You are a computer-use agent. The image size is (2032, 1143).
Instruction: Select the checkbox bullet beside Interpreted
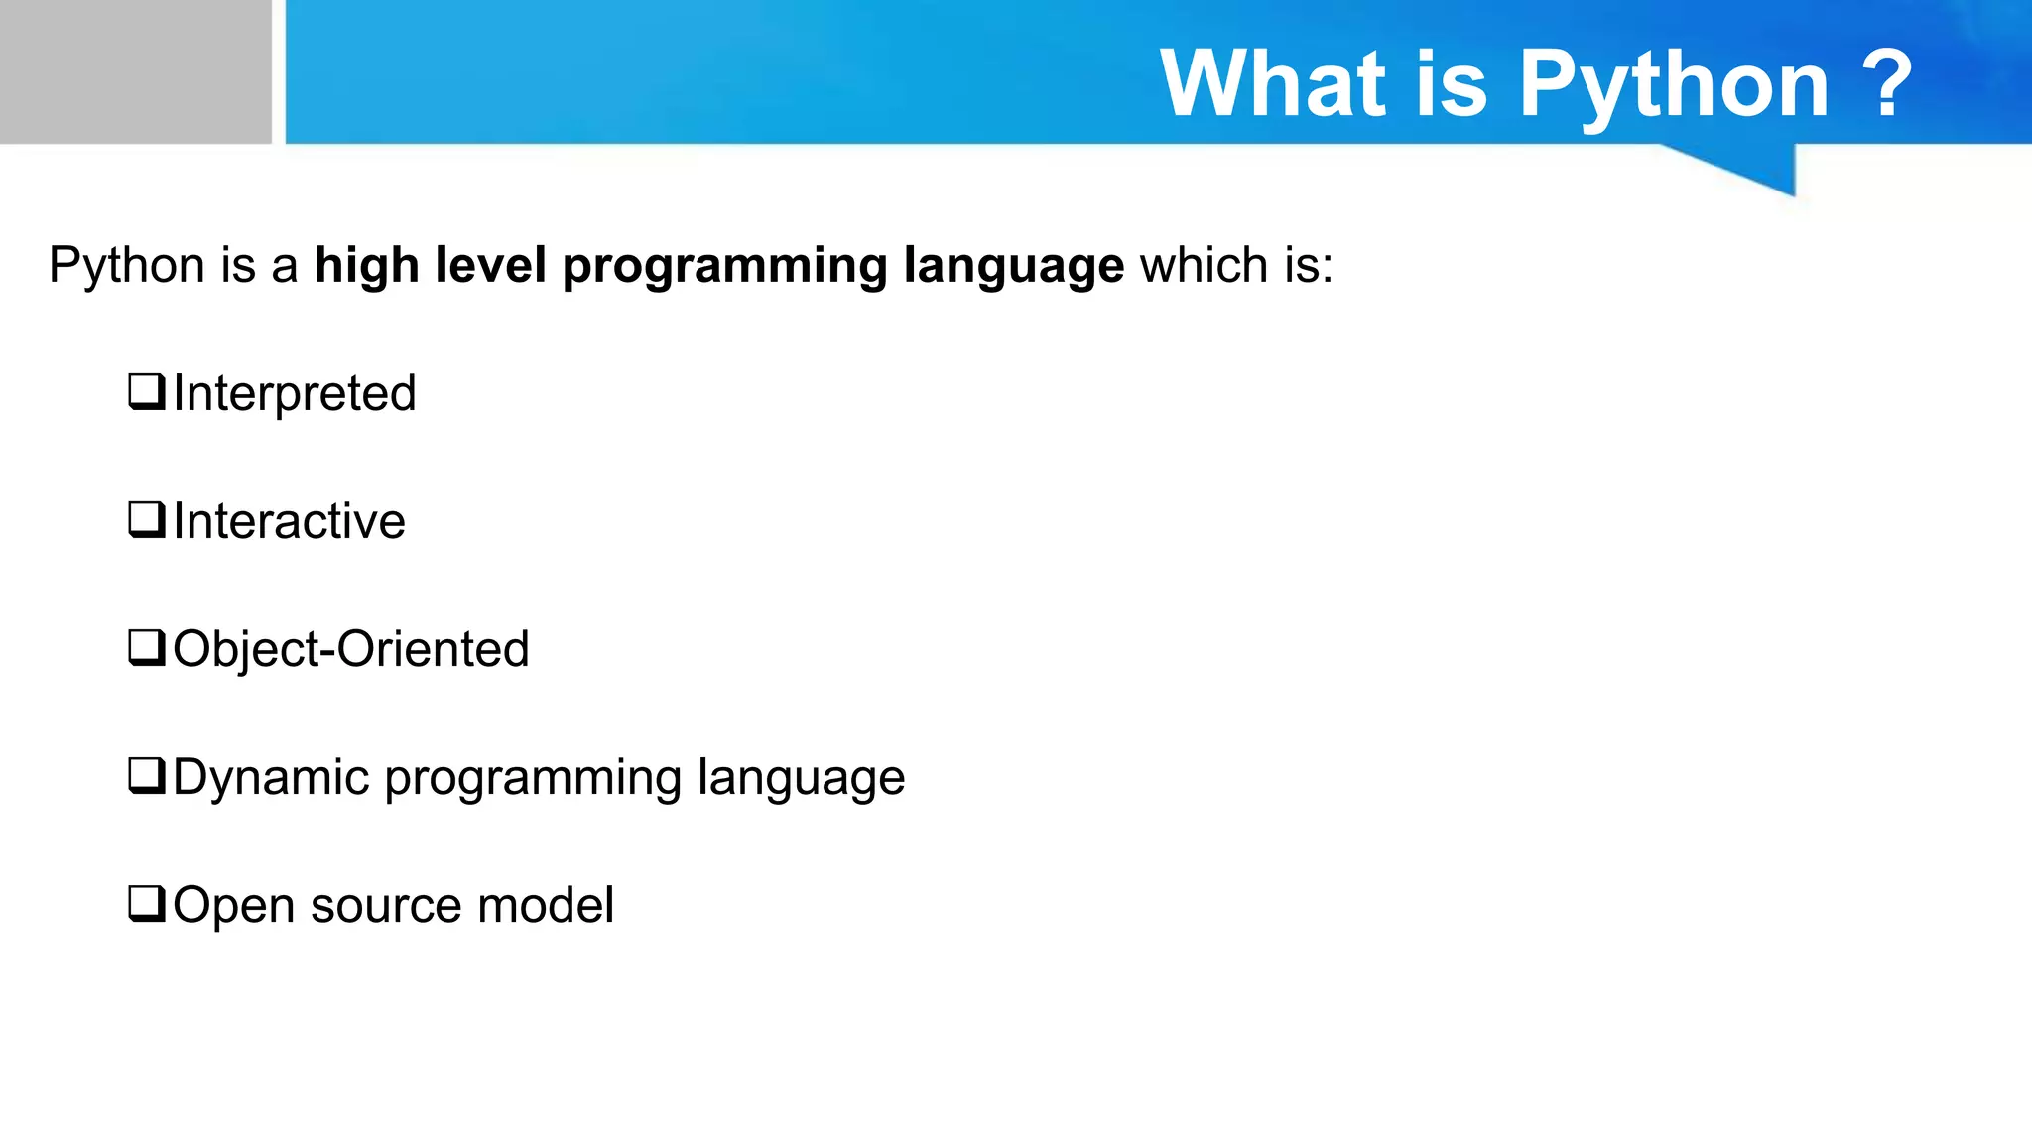click(146, 391)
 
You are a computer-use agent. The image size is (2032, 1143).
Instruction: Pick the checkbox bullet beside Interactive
click(146, 519)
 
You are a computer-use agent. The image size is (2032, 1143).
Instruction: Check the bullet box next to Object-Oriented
click(146, 647)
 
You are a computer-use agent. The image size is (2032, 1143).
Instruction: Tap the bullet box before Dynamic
click(146, 775)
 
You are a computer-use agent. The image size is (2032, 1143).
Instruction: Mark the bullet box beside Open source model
click(146, 903)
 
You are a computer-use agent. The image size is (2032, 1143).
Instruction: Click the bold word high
click(366, 266)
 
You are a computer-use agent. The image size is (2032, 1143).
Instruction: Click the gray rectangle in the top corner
click(135, 71)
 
